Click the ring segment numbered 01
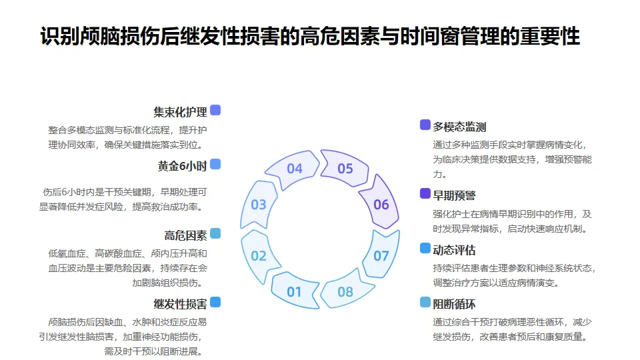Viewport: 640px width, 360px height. pyautogui.click(x=294, y=291)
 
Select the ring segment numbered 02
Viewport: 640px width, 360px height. pyautogui.click(x=259, y=255)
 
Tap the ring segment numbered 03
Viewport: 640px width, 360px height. pyautogui.click(x=259, y=205)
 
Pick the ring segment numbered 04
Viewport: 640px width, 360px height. pyautogui.click(x=295, y=169)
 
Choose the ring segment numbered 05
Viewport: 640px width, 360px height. pyautogui.click(x=345, y=169)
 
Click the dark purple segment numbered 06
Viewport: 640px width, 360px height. pyautogui.click(x=381, y=205)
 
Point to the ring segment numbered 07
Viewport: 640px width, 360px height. pyautogui.click(x=381, y=255)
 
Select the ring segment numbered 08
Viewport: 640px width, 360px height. pyautogui.click(x=345, y=291)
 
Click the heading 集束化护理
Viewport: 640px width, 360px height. pyautogui.click(x=180, y=112)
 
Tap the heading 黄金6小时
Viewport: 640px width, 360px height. pyautogui.click(x=182, y=166)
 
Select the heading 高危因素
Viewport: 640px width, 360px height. pyautogui.click(x=185, y=235)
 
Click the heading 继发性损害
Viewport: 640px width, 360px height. pyautogui.click(x=180, y=304)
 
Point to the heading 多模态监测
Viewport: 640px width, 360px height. pyautogui.click(x=459, y=127)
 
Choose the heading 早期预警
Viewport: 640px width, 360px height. pyautogui.click(x=454, y=195)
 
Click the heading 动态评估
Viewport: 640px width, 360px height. pyautogui.click(x=454, y=250)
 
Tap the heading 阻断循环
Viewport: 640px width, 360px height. pyautogui.click(x=454, y=305)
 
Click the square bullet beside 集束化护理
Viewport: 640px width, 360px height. pyautogui.click(x=215, y=110)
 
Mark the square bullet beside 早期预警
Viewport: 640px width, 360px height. pyautogui.click(x=425, y=193)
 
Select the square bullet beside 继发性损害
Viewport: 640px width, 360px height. pyautogui.click(x=215, y=302)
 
